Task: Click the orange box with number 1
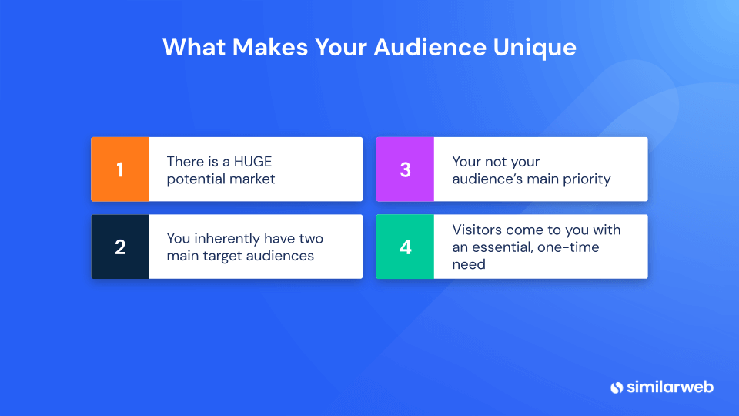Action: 119,169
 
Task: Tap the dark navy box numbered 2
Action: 119,247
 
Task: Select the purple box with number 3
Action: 405,169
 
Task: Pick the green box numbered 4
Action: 405,247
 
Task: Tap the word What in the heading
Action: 194,47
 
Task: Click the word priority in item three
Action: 585,179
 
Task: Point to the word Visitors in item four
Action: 478,230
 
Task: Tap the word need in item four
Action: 469,264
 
